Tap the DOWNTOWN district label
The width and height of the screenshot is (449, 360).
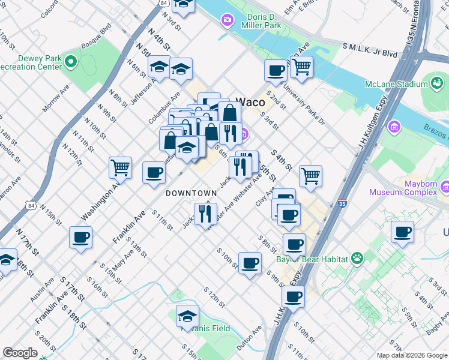pyautogui.click(x=190, y=193)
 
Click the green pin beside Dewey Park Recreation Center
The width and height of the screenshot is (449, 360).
pyautogui.click(x=71, y=61)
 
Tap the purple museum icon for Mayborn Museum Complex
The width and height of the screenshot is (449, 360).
pyautogui.click(x=445, y=187)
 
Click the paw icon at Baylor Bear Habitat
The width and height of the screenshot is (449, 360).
pyautogui.click(x=357, y=259)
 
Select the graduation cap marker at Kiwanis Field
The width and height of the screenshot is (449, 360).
pyautogui.click(x=188, y=316)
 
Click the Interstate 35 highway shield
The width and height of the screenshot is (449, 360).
pyautogui.click(x=342, y=203)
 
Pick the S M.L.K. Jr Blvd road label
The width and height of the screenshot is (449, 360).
pyautogui.click(x=370, y=50)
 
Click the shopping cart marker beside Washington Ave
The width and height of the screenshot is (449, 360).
pyautogui.click(x=121, y=167)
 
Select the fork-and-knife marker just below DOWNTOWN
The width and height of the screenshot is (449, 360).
pyautogui.click(x=205, y=214)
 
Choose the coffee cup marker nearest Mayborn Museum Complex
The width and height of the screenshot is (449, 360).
pyautogui.click(x=402, y=232)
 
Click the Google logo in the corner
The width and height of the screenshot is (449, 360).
pyautogui.click(x=20, y=353)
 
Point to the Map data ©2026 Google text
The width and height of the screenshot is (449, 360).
pyautogui.click(x=412, y=355)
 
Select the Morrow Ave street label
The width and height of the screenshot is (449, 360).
pyautogui.click(x=56, y=101)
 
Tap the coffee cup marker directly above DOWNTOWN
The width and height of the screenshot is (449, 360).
pyautogui.click(x=154, y=173)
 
